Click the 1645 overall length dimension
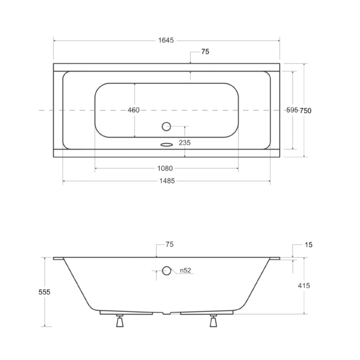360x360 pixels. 166,40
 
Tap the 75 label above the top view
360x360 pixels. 205,52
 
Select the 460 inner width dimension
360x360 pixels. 133,110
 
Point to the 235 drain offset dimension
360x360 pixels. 185,143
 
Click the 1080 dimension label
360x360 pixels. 165,168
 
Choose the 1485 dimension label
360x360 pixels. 167,181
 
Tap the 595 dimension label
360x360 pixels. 292,110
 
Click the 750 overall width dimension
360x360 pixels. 306,111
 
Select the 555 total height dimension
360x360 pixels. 44,292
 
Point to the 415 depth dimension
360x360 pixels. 304,286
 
